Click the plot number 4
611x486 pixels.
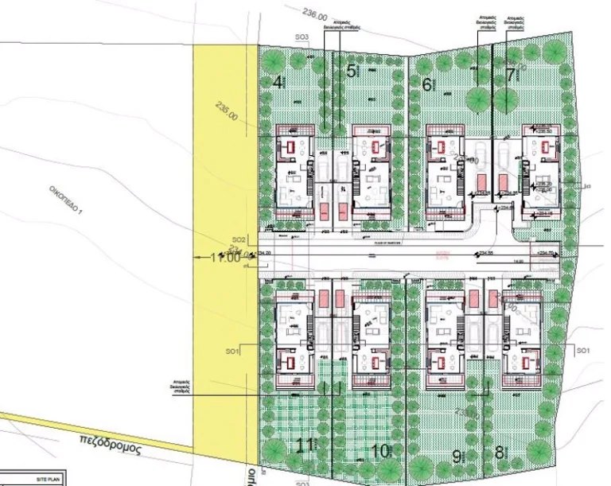pyautogui.click(x=278, y=81)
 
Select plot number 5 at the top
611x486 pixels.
pyautogui.click(x=352, y=71)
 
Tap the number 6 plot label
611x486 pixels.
pyautogui.click(x=427, y=84)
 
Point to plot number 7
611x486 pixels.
pyautogui.click(x=510, y=76)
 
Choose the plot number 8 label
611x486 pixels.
pyautogui.click(x=500, y=453)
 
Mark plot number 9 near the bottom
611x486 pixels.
pyautogui.click(x=457, y=457)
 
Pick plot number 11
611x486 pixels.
pyautogui.click(x=304, y=445)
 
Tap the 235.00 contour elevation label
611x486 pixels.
pyautogui.click(x=227, y=115)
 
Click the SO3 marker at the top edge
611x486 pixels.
pyautogui.click(x=302, y=37)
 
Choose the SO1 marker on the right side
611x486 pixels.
pyautogui.click(x=583, y=351)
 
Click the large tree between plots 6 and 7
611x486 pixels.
pyautogui.click(x=479, y=99)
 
